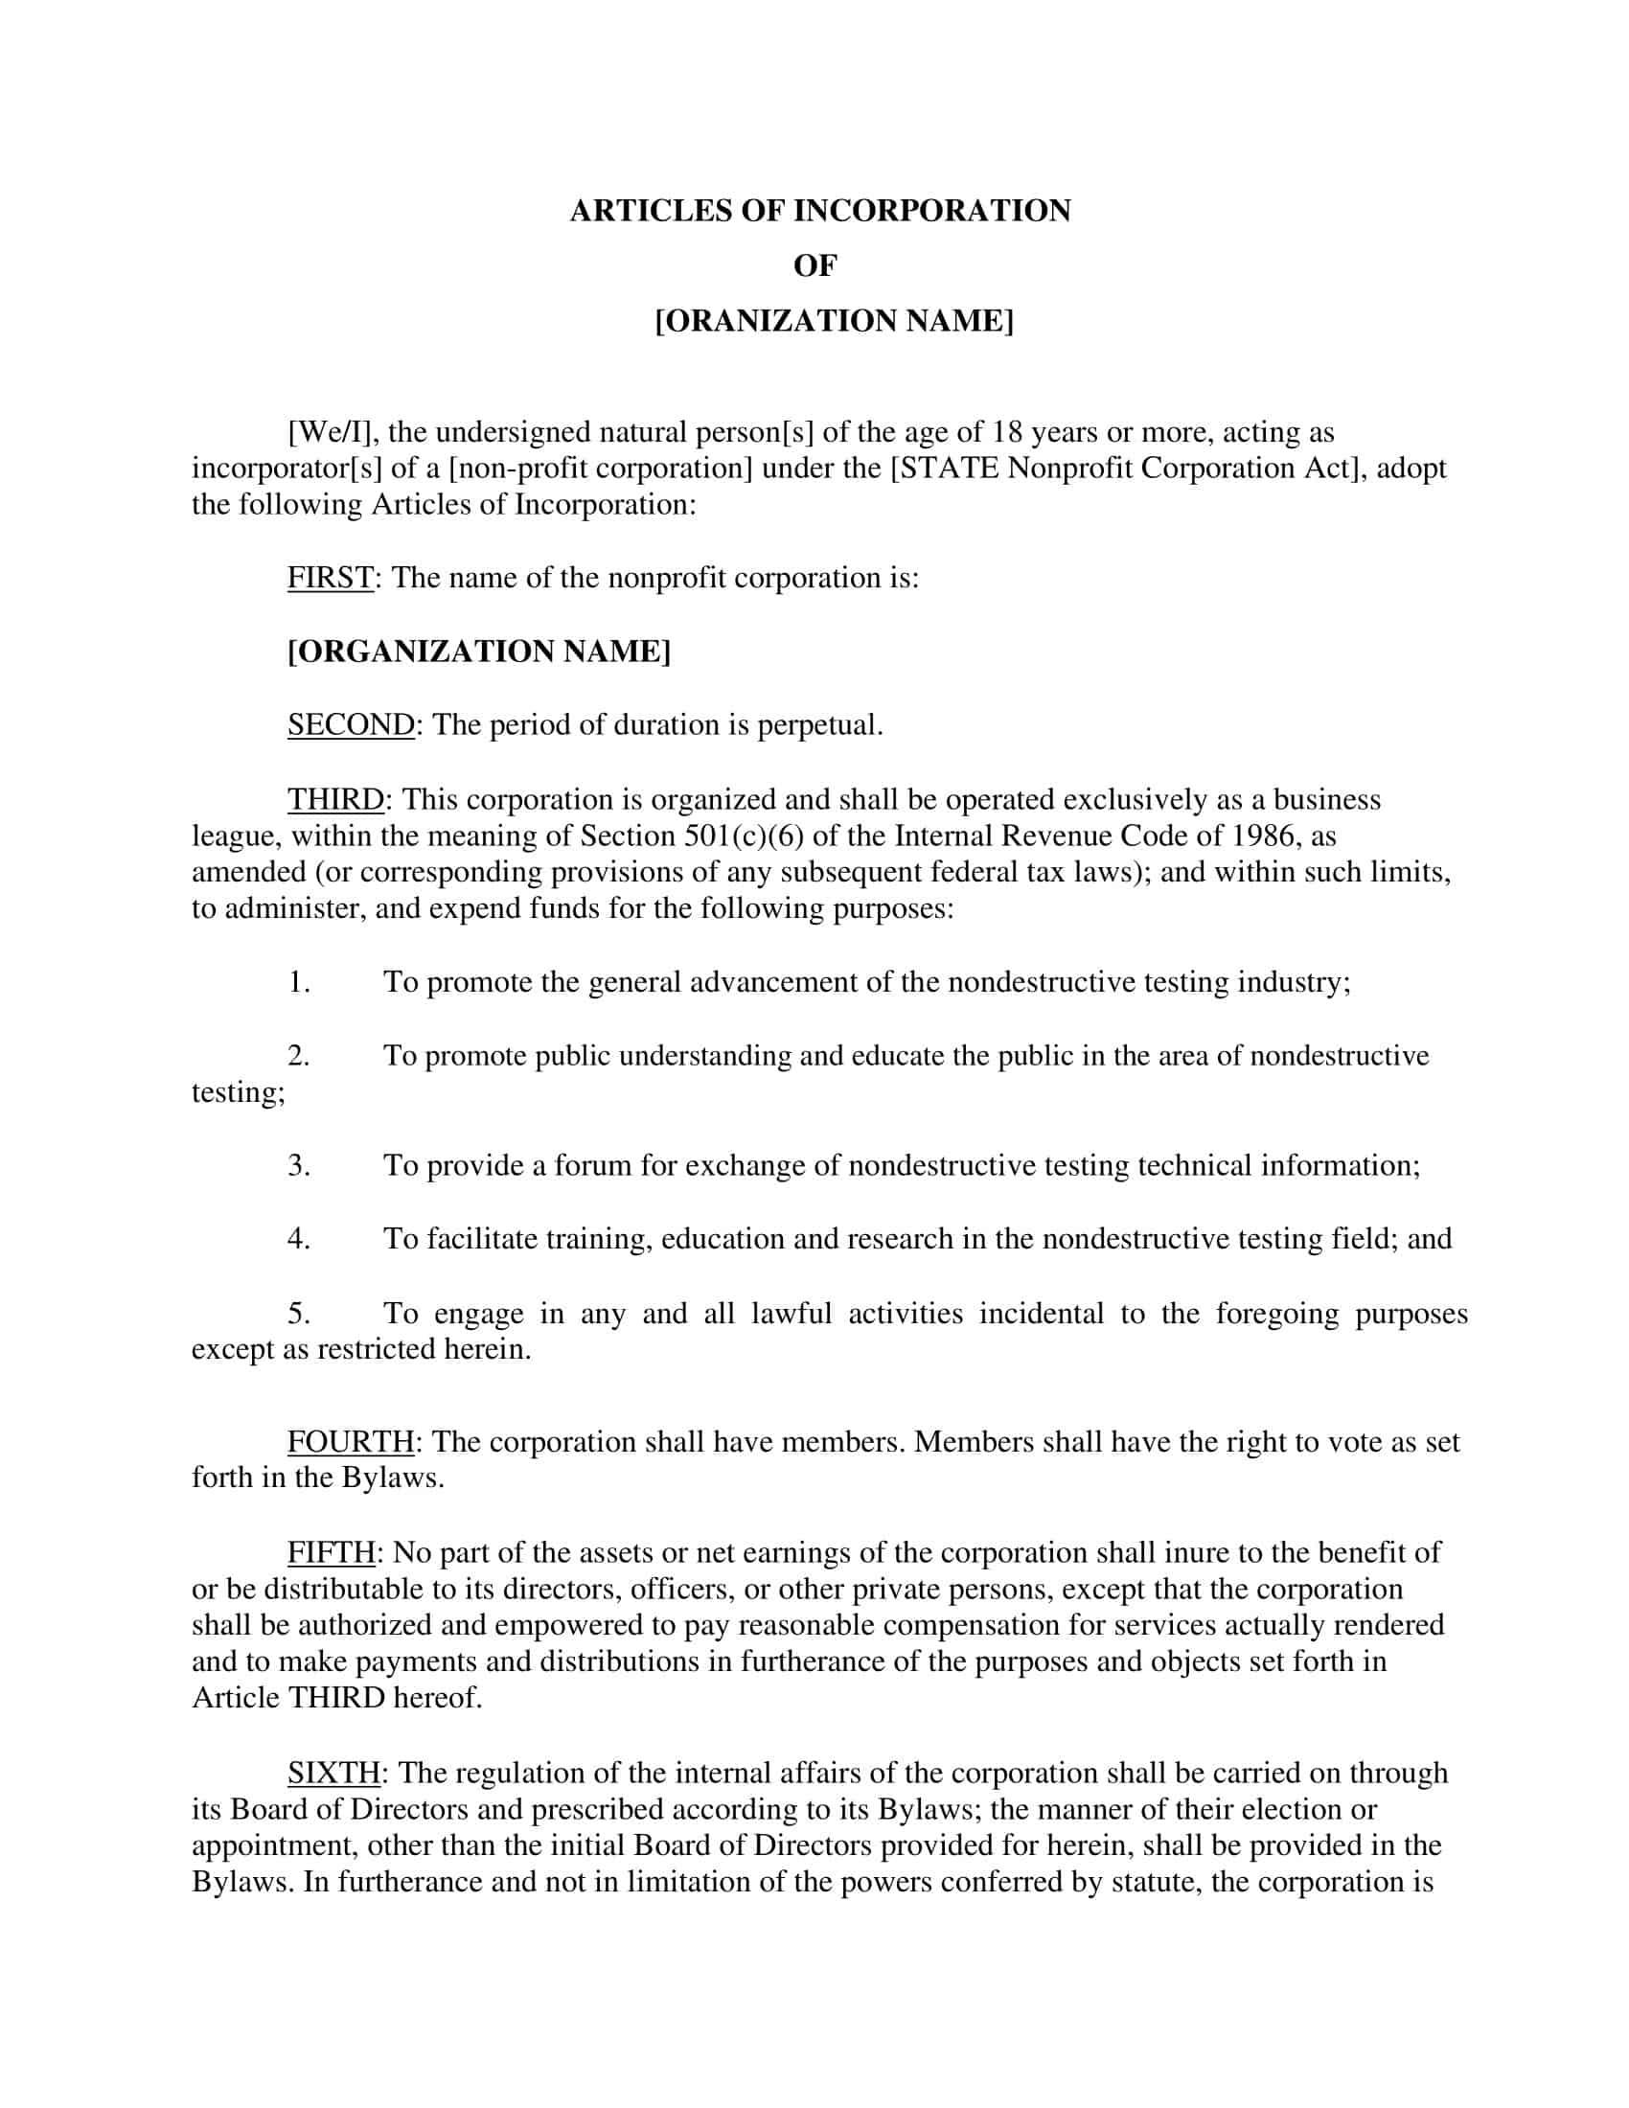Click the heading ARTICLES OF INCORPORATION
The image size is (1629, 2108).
[819, 212]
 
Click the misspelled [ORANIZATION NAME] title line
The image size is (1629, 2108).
[834, 321]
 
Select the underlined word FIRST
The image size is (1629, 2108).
[330, 578]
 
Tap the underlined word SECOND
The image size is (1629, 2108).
[351, 725]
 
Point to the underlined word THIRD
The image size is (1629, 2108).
[335, 799]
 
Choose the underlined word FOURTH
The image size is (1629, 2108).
[351, 1442]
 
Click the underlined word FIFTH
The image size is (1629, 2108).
[331, 1553]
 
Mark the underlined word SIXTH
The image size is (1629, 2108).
[333, 1773]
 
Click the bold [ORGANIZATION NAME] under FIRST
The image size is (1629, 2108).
[479, 652]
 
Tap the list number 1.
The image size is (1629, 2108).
[298, 982]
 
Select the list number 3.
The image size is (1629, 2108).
[298, 1166]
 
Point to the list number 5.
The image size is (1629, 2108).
[298, 1314]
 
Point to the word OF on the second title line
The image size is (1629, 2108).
[815, 266]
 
